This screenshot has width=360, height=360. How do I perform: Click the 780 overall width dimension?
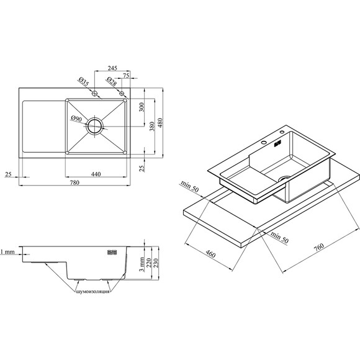coord(74,182)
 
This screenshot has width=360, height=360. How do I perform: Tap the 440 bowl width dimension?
coord(96,174)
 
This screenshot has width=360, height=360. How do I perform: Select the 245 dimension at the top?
coord(112,68)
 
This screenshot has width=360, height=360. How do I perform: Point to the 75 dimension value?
coord(126,75)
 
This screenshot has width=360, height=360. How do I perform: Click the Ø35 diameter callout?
coord(83,82)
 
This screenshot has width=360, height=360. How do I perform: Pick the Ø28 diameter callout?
coord(112,81)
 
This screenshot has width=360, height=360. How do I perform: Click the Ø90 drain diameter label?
coord(76,119)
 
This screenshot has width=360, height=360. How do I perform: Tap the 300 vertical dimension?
coord(142,107)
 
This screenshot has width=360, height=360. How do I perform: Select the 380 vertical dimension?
coord(152,126)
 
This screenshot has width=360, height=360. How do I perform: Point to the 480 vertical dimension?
coord(160,123)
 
